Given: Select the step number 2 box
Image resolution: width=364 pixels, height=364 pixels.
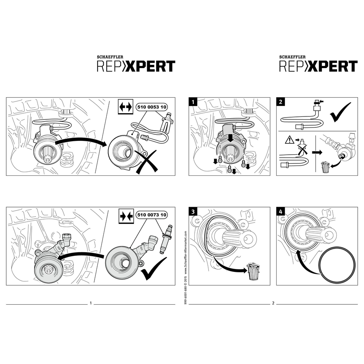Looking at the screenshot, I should click(281, 102).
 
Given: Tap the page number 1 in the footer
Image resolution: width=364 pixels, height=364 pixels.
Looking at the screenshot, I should click(90, 303).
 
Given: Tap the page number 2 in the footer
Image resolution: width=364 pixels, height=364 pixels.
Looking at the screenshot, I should click(273, 303).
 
